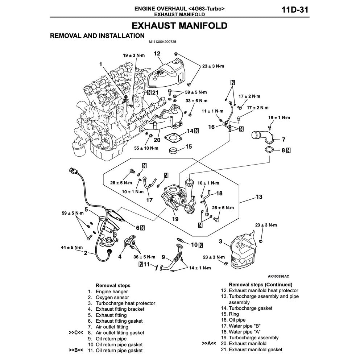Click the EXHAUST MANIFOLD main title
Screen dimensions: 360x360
[x=179, y=26]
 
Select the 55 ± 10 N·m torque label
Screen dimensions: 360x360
[x=147, y=148]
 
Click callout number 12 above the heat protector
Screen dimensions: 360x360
[x=157, y=53]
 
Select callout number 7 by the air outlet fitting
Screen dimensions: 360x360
[x=284, y=139]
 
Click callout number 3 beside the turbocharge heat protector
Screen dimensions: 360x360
[x=220, y=241]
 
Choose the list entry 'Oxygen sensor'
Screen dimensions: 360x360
[x=112, y=297]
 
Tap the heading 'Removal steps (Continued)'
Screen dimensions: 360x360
[x=260, y=285]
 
